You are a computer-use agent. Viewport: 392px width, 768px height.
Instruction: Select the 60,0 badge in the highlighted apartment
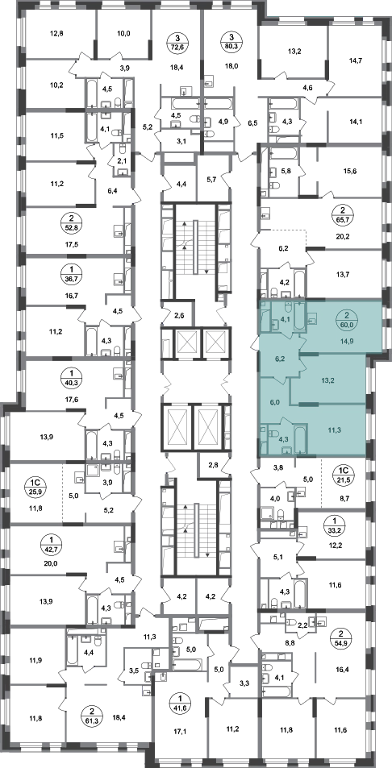pos(347,320)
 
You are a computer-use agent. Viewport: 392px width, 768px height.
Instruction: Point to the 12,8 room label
pos(57,34)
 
